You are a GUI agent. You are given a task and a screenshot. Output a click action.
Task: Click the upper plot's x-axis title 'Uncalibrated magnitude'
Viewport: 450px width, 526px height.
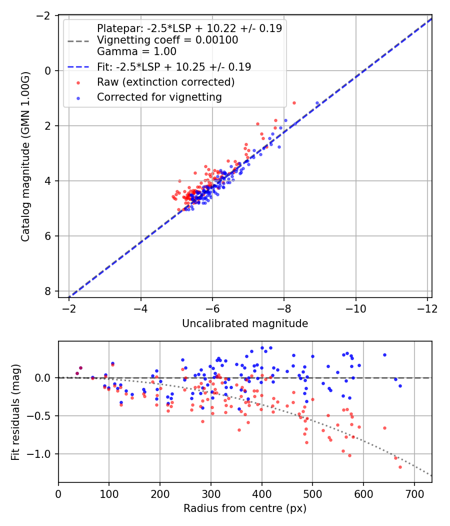[x=244, y=324]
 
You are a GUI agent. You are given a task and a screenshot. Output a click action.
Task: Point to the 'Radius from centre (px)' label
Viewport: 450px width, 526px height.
[x=244, y=508]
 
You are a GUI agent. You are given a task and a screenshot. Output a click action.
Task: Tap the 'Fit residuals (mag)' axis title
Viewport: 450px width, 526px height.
[x=15, y=412]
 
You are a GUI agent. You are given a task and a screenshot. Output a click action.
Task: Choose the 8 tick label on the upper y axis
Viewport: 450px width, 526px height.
[x=48, y=291]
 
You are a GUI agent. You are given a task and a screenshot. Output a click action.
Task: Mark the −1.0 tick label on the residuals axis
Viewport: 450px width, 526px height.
[x=41, y=454]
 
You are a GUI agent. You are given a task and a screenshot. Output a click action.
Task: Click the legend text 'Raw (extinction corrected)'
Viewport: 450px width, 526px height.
[x=166, y=82]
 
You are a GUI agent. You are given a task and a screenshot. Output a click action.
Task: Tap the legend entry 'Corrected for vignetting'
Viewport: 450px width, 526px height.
[x=159, y=97]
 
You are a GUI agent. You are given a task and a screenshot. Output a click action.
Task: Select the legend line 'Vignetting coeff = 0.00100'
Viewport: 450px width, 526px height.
[x=167, y=41]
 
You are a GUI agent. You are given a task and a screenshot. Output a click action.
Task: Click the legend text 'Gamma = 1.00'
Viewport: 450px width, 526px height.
[x=136, y=51]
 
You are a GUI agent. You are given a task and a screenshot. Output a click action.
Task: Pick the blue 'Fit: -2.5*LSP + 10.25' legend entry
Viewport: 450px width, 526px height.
[x=174, y=67]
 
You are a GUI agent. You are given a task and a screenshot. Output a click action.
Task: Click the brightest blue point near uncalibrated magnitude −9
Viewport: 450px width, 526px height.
[x=317, y=103]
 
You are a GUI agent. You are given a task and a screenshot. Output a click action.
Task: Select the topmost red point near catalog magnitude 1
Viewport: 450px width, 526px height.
[x=294, y=103]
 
